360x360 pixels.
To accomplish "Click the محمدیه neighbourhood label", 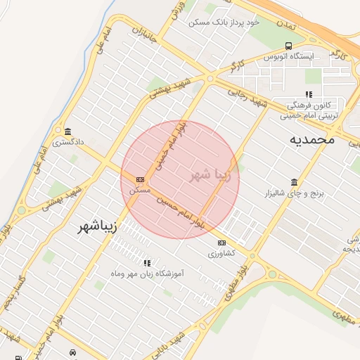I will pyautogui.click(x=311, y=139).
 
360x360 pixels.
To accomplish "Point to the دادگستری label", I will pyautogui.click(x=70, y=142).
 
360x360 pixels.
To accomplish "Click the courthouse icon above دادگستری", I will pyautogui.click(x=67, y=131).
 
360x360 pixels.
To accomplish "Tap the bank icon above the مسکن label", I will pyautogui.click(x=140, y=179).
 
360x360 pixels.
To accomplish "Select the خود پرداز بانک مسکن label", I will pyautogui.click(x=224, y=22).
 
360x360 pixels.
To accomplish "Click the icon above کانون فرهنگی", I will pyautogui.click(x=308, y=94).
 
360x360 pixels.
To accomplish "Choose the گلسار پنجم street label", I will pyautogui.click(x=13, y=304).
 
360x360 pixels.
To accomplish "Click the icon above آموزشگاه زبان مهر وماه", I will pyautogui.click(x=147, y=263).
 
